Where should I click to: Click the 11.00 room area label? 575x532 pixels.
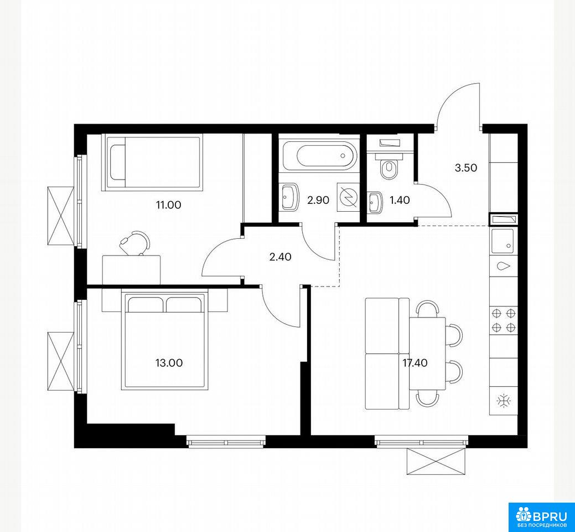point(168,205)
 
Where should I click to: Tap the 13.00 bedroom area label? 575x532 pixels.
point(169,363)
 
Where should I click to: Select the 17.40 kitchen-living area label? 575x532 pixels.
point(415,363)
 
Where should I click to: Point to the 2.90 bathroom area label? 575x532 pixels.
point(318,200)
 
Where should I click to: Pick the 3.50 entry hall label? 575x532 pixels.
point(466,168)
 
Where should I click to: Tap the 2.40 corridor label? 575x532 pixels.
point(280,257)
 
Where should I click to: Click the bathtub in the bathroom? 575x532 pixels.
point(319,156)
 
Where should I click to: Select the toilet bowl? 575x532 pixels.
point(389,167)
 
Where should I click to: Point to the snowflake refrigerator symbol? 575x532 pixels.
point(504,401)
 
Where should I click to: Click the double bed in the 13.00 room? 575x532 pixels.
point(164,340)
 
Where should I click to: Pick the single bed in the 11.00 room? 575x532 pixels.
point(152,162)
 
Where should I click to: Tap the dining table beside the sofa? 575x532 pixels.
point(427,354)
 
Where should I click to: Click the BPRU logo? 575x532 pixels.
point(541,517)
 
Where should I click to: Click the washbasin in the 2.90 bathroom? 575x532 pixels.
point(289,197)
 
